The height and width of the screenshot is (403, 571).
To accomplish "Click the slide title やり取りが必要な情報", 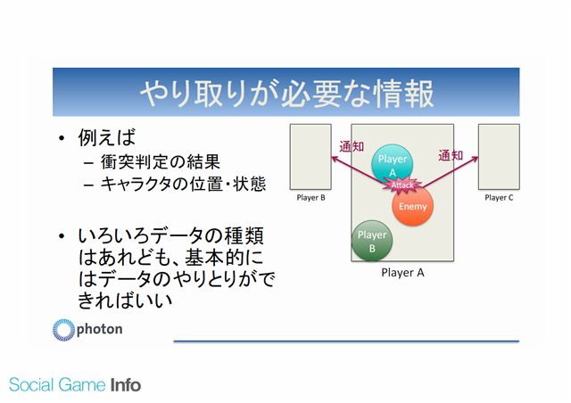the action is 286,94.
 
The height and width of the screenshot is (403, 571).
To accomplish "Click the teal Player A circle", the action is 392,164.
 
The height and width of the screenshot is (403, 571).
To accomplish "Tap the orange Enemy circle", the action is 412,206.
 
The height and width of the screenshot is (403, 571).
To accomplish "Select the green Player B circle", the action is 372,241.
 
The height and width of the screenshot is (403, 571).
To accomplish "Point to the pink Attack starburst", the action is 402,185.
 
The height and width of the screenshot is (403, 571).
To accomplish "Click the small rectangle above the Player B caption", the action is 310,157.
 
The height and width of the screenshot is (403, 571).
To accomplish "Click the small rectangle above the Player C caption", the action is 499,157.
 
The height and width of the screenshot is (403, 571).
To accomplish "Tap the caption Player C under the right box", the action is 499,198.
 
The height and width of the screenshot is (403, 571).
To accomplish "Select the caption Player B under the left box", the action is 310,198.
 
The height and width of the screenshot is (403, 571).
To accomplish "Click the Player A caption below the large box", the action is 402,273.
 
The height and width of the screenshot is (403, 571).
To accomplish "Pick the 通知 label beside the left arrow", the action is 352,147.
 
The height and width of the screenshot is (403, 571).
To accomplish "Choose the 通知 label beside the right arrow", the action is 451,155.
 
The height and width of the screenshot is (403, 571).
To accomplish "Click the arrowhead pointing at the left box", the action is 335,159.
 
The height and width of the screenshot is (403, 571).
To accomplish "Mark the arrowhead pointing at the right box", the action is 475,159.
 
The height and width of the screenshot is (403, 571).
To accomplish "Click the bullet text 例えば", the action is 107,137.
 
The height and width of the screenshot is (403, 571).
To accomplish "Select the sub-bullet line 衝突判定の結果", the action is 161,161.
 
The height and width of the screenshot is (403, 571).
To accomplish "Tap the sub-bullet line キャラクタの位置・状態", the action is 183,184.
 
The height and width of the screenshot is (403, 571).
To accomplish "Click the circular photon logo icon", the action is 63,330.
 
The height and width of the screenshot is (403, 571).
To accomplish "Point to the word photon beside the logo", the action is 99,329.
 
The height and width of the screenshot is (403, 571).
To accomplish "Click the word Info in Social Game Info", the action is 125,385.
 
